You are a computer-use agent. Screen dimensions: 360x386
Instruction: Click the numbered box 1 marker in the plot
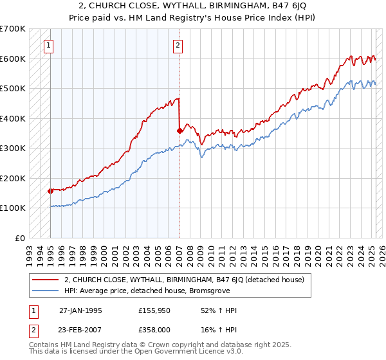[x=50, y=45]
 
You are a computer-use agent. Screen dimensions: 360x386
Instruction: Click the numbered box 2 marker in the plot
[x=178, y=45]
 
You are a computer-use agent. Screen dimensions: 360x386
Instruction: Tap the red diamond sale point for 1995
[x=50, y=191]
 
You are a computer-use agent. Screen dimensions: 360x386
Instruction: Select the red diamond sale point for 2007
[x=179, y=130]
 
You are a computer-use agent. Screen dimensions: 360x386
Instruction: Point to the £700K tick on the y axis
[x=13, y=29]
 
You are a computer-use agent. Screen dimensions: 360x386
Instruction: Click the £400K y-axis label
[x=13, y=118]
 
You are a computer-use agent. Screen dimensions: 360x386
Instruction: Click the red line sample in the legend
[x=45, y=280]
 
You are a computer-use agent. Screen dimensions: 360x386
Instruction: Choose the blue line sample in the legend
[x=45, y=291]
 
